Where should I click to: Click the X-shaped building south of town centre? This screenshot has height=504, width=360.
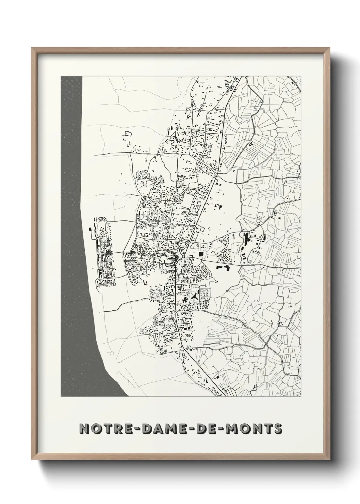pos(194,297)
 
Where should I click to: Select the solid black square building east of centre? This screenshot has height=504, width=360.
pos(201,254)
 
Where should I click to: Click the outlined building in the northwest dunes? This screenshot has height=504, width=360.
pos(128,135)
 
